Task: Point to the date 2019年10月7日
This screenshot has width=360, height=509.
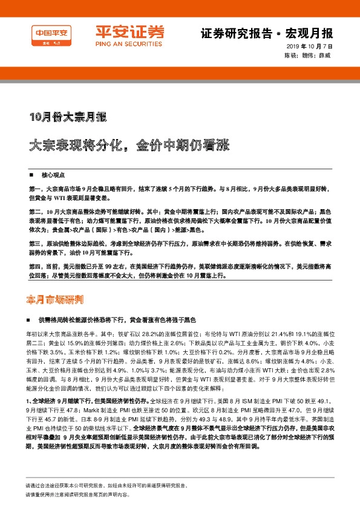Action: click(x=309, y=47)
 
